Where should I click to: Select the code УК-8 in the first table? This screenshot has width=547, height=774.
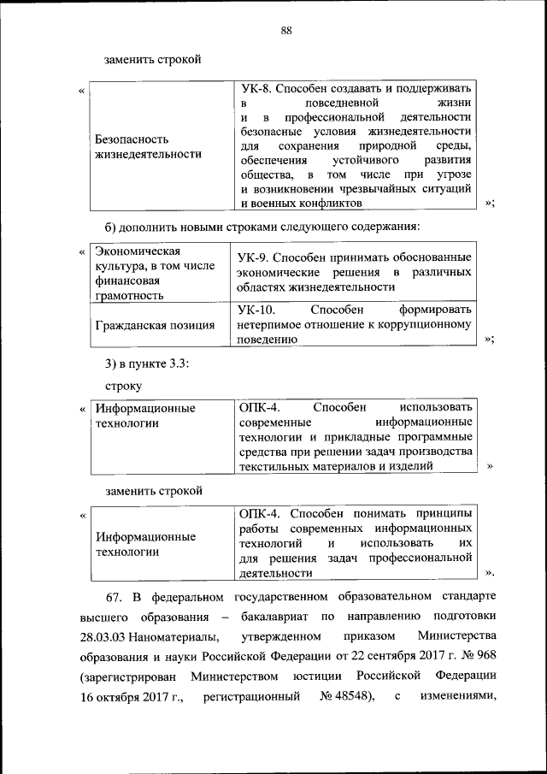click(x=259, y=88)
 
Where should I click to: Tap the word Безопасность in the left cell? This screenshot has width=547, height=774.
click(x=132, y=139)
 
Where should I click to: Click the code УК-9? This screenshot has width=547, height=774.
click(x=256, y=257)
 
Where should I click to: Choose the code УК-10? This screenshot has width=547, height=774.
click(x=258, y=309)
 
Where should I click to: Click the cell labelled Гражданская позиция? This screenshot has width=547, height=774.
click(x=155, y=325)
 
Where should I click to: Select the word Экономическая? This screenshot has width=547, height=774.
click(x=137, y=251)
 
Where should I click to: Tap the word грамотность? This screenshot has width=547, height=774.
click(x=129, y=296)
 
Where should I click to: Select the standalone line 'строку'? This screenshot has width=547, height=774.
click(x=124, y=386)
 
